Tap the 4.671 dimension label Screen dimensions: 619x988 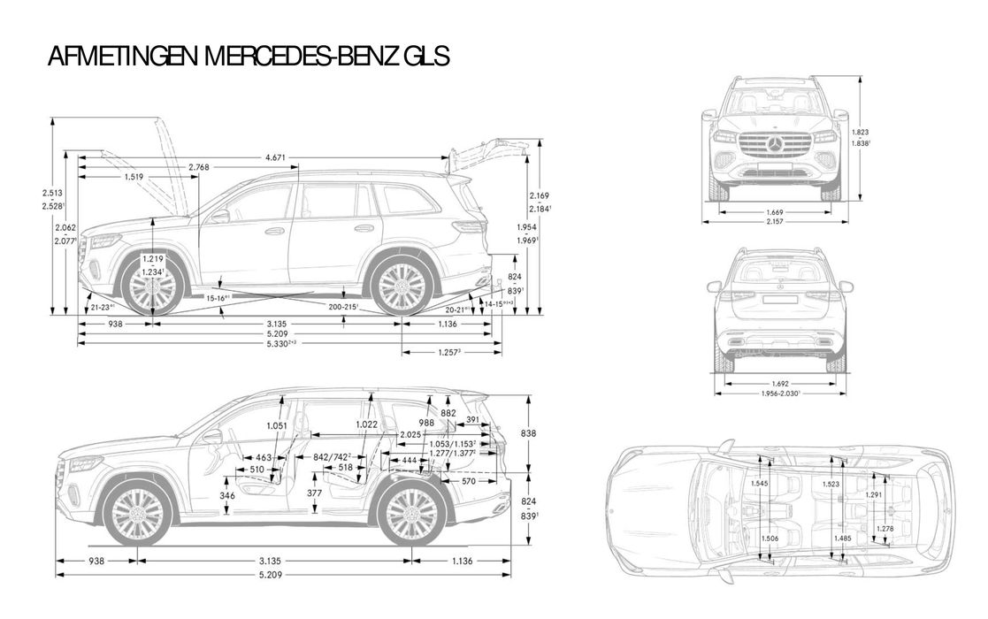[276, 157]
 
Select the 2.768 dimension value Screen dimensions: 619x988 [199, 167]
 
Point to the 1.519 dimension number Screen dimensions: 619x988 [133, 177]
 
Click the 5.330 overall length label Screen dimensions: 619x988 [280, 342]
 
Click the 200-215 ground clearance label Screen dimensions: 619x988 [342, 306]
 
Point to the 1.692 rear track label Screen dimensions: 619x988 [779, 384]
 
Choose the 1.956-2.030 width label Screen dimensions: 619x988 [779, 394]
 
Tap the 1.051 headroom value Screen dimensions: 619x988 [277, 425]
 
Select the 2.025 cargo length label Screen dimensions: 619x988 [410, 434]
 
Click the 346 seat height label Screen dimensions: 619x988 [227, 496]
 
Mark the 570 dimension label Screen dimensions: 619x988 [469, 482]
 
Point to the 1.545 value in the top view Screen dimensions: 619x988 [758, 484]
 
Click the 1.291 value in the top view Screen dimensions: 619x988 [873, 495]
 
